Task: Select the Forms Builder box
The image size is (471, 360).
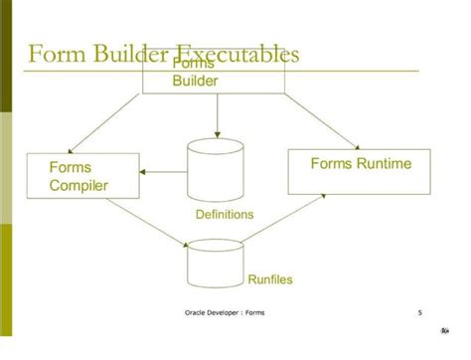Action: coord(215,74)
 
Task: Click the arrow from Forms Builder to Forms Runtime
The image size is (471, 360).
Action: coord(318,120)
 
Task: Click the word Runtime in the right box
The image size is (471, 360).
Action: coord(385,163)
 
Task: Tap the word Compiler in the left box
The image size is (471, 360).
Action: coord(78,185)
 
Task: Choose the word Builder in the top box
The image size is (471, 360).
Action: coord(195,80)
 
